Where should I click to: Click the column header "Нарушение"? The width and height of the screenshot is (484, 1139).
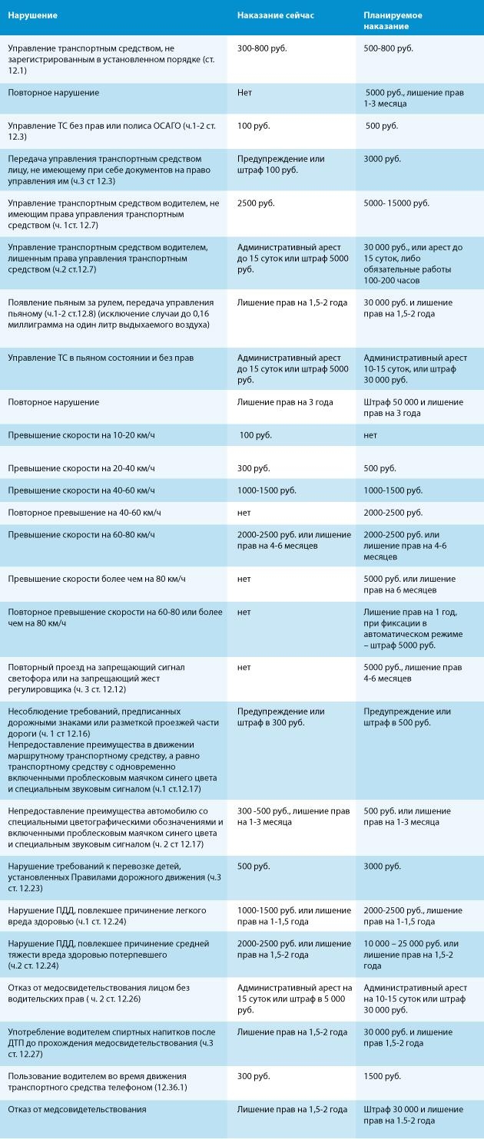tap(33, 15)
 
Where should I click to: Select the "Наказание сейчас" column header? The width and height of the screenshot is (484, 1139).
tap(275, 15)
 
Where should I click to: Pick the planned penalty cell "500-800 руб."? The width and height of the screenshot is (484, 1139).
tap(389, 48)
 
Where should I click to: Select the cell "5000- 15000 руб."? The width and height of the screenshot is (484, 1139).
tap(396, 203)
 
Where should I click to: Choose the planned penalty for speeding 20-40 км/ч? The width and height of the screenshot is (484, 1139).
tap(380, 468)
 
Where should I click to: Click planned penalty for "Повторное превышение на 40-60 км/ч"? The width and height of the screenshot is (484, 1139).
tap(393, 513)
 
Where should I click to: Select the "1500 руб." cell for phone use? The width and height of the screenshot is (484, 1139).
tap(383, 1076)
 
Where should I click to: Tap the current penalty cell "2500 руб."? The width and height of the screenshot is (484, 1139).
tap(256, 203)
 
